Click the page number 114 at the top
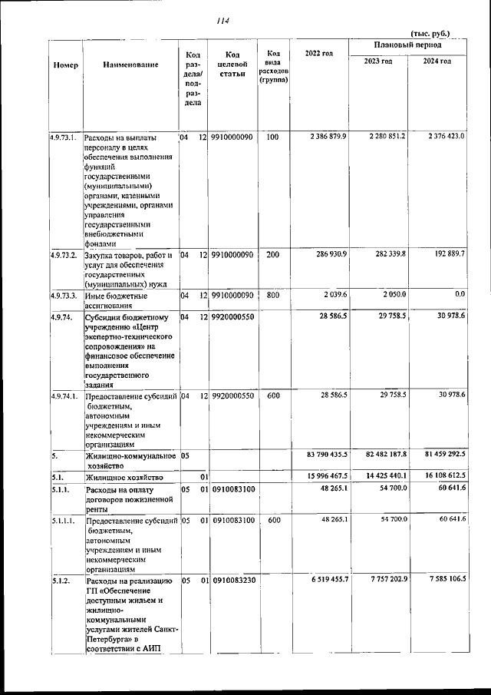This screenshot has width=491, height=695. click(223, 21)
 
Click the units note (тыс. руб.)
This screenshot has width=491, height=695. click(430, 33)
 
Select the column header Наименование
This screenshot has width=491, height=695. click(130, 65)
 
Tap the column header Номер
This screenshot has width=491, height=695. click(66, 65)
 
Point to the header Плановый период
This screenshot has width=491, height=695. click(407, 46)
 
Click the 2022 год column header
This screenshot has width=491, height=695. click(318, 53)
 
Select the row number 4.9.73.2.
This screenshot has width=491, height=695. click(64, 253)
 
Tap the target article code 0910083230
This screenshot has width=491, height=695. click(233, 580)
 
